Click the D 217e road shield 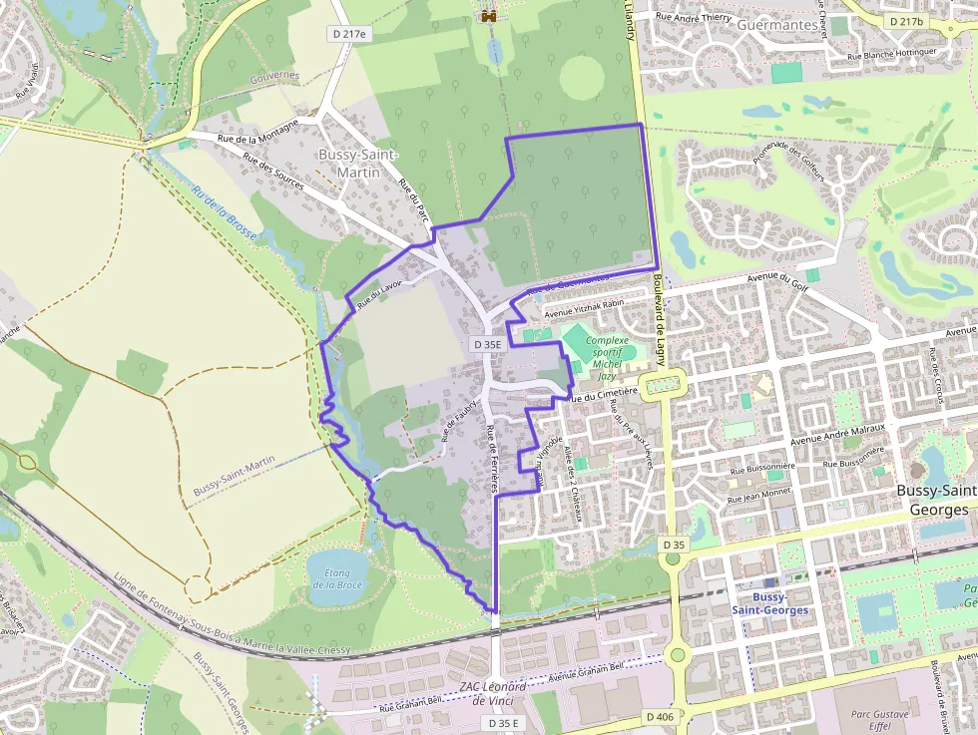click(x=348, y=34)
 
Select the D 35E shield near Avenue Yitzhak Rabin click(x=487, y=344)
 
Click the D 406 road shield click(x=660, y=716)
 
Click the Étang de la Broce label click(x=336, y=578)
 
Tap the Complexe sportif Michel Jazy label click(x=607, y=358)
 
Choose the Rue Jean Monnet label click(x=759, y=494)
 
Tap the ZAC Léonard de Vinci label click(x=493, y=694)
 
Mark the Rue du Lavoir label click(x=377, y=290)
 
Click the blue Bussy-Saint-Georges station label click(x=768, y=603)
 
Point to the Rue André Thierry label click(x=695, y=16)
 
